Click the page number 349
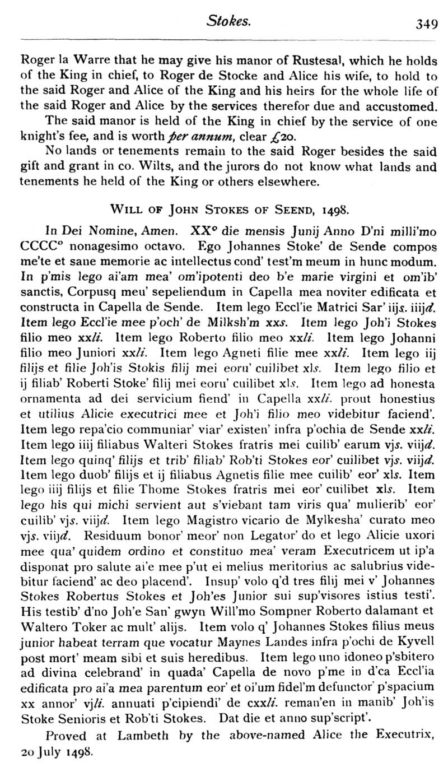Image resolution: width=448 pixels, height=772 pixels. point(427,24)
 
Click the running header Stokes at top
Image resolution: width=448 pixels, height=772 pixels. point(228,22)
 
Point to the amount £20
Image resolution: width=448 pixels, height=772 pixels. point(258,136)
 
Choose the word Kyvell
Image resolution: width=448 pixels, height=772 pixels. point(414,656)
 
